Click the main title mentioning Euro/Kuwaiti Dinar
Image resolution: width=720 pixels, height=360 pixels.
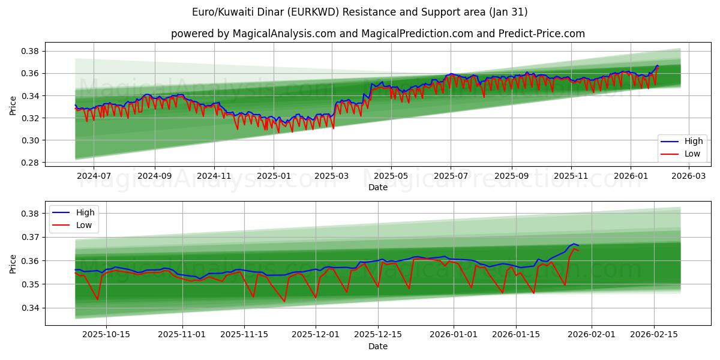360,12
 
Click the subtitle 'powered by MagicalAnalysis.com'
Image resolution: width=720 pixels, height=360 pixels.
378,34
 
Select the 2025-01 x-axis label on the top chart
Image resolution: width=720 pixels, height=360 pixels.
274,176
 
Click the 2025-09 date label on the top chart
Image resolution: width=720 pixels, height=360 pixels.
511,176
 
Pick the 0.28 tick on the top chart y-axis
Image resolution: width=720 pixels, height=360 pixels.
31,163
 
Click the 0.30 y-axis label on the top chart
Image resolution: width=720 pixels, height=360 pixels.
31,140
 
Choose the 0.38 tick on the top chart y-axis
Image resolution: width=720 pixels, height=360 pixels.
31,51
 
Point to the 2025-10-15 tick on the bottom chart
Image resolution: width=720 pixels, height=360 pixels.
107,335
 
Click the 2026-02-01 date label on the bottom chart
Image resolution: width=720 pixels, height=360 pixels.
592,335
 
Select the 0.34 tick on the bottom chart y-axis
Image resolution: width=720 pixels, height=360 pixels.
31,308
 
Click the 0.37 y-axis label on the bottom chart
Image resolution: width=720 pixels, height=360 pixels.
31,237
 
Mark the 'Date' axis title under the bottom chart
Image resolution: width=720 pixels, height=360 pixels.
378,346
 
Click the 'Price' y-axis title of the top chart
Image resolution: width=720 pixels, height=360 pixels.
13,106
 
